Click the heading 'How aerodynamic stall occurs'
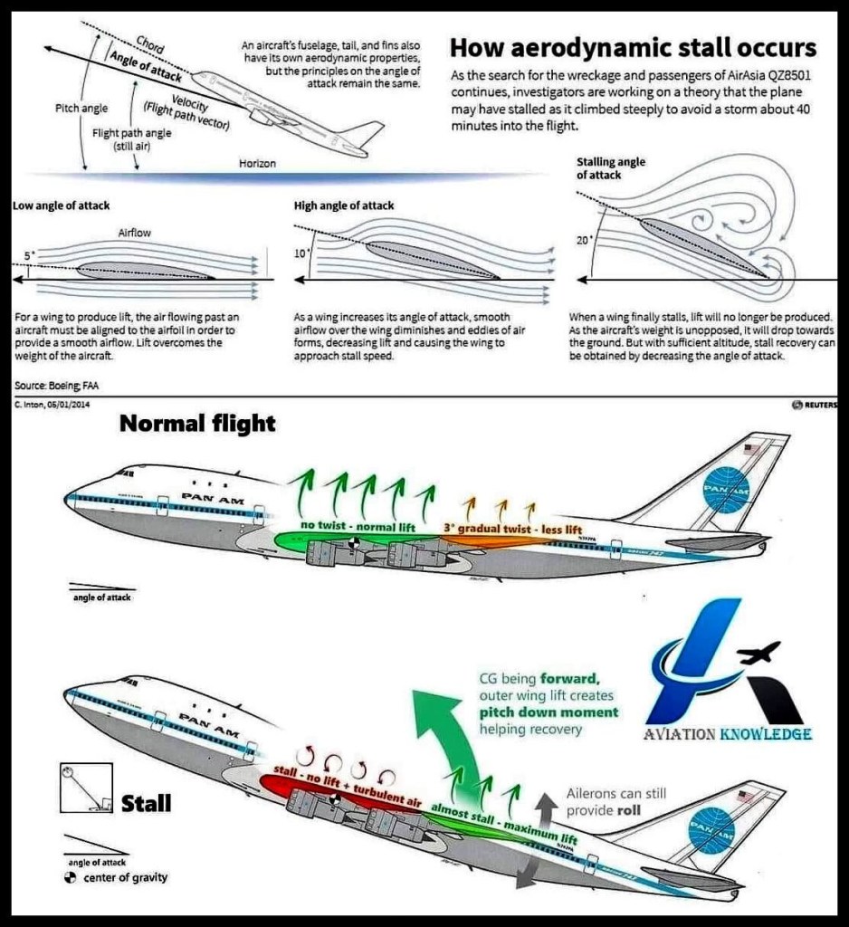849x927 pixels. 633,47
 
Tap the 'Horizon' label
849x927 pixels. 257,164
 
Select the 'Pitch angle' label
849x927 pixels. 81,109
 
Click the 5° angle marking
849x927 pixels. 29,256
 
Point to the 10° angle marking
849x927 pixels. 301,253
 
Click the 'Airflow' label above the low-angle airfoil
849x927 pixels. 135,233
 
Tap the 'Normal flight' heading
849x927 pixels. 197,424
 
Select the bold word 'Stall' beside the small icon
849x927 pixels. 147,802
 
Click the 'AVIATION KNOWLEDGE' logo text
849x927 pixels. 727,734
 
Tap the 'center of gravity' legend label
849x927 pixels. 125,877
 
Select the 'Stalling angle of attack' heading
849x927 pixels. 610,167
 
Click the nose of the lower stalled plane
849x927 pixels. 69,694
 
